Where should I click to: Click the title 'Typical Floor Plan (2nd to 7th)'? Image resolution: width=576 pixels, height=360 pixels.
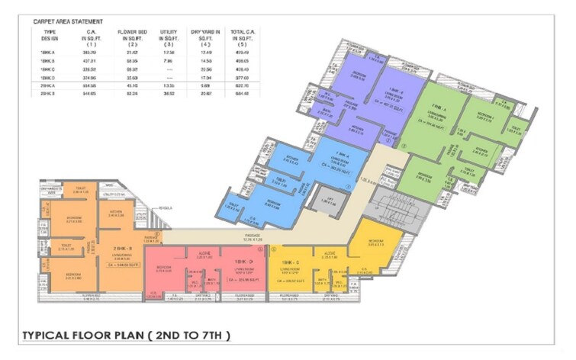[127, 336]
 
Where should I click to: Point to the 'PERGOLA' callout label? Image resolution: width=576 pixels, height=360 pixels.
[166, 207]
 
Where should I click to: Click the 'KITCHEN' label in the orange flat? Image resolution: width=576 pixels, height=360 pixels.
[117, 213]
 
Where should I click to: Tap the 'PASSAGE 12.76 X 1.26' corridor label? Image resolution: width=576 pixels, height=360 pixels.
[253, 236]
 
